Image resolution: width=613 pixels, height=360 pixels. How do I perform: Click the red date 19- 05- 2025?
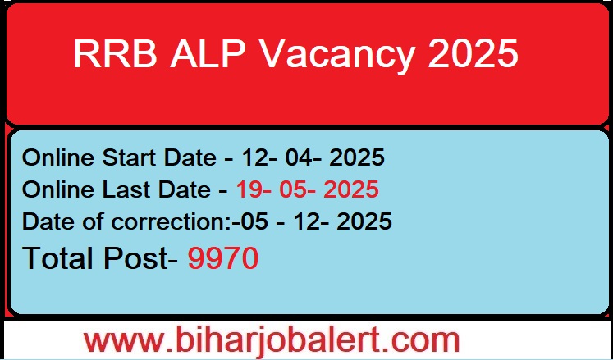pos(308,189)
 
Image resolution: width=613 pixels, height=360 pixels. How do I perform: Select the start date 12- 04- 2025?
pos(311,157)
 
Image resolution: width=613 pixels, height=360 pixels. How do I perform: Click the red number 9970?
pos(223,258)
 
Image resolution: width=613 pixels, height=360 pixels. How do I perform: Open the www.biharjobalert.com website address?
pos(272,339)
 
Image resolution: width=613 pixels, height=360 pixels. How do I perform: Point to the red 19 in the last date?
pos(248,189)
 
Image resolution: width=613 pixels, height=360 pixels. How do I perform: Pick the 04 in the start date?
pos(299,157)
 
